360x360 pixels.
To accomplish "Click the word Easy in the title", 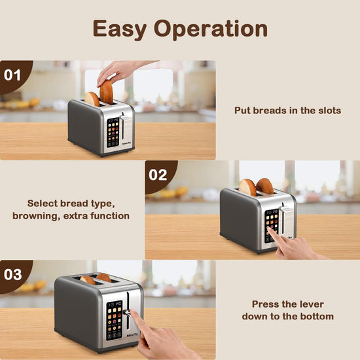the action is click(120, 29).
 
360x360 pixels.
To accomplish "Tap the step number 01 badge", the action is click(12, 75).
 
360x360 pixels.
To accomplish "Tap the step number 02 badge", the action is click(158, 175).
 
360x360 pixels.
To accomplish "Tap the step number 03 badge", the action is click(13, 275).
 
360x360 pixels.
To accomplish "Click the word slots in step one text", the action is click(329, 111).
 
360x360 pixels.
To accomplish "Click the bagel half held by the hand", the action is click(107, 92).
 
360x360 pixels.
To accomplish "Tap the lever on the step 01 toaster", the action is click(125, 118).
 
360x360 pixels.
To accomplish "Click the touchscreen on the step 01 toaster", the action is click(113, 132).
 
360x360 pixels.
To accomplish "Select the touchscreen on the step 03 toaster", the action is click(114, 321).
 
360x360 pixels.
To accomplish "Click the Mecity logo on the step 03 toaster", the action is click(132, 334).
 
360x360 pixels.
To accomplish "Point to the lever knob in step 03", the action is click(126, 312).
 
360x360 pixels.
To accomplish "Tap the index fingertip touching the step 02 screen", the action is click(269, 229).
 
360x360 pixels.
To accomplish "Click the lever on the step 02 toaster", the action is click(285, 209).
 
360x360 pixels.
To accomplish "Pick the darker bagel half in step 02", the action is click(265, 186).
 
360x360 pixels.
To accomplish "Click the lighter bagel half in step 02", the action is click(247, 188).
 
